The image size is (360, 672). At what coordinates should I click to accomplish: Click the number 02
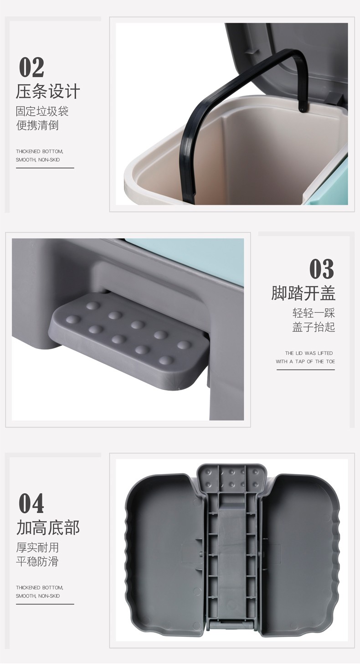(x=31, y=67)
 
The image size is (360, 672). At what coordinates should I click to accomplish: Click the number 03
(x=322, y=269)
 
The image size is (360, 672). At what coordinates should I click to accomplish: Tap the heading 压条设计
(x=48, y=91)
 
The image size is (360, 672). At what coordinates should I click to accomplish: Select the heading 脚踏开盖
(x=303, y=293)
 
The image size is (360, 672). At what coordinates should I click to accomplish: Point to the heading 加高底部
(x=48, y=527)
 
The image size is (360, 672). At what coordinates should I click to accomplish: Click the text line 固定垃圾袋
(x=42, y=111)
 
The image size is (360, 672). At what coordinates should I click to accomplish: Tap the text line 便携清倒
(x=37, y=125)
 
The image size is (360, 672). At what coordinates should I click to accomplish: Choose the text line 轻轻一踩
(x=314, y=313)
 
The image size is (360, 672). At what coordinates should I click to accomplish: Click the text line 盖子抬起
(x=314, y=327)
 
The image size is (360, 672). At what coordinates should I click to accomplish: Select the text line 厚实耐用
(x=37, y=548)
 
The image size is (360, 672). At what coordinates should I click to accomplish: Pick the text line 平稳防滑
(x=37, y=561)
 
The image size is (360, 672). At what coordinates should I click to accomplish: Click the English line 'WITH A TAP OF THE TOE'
(x=305, y=362)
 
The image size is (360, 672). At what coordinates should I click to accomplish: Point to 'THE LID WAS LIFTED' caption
(x=309, y=353)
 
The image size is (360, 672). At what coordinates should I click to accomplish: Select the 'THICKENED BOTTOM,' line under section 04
(x=40, y=587)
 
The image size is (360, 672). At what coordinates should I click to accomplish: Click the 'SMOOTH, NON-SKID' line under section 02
(x=38, y=160)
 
